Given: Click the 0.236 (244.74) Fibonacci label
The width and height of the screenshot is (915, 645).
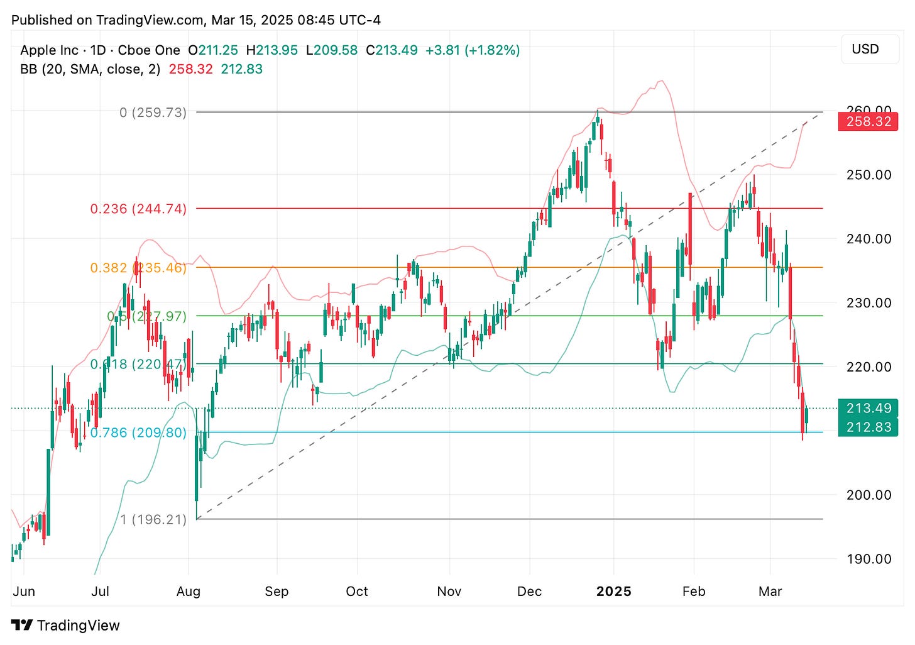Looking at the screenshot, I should pyautogui.click(x=138, y=209).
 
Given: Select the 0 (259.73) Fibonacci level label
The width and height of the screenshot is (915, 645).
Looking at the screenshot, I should pyautogui.click(x=153, y=113).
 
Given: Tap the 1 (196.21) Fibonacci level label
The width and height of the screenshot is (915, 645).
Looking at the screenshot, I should pyautogui.click(x=153, y=519).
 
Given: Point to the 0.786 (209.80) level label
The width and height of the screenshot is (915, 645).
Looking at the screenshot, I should pyautogui.click(x=138, y=433).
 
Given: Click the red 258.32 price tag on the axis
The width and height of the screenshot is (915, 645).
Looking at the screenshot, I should pyautogui.click(x=868, y=121).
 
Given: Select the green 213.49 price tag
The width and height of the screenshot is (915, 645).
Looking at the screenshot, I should pyautogui.click(x=868, y=408).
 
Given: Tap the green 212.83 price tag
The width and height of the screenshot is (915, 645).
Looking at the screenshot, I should pyautogui.click(x=868, y=427).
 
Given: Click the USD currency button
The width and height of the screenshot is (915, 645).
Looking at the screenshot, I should pyautogui.click(x=865, y=49).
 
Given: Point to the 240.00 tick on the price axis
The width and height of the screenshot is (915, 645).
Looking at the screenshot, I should pyautogui.click(x=868, y=239).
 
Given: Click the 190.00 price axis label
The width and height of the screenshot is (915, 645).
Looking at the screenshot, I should pyautogui.click(x=868, y=559).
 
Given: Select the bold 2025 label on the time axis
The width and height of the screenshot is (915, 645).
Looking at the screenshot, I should pyautogui.click(x=613, y=592).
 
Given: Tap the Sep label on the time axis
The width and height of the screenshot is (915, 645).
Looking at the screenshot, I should pyautogui.click(x=277, y=592).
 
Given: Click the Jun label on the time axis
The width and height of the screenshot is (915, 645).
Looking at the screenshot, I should pyautogui.click(x=24, y=592).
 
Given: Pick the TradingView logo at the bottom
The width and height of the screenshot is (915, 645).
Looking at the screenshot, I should pyautogui.click(x=65, y=626).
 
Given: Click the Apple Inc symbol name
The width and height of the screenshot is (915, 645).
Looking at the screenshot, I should pyautogui.click(x=49, y=50).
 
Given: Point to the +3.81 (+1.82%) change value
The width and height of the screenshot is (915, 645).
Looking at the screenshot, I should pyautogui.click(x=473, y=50).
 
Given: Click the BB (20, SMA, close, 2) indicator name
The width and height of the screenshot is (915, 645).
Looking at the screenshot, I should pyautogui.click(x=90, y=69).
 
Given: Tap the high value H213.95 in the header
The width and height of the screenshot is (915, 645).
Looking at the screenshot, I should pyautogui.click(x=271, y=50).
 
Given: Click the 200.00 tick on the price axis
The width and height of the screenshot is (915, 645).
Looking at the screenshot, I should pyautogui.click(x=868, y=495).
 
